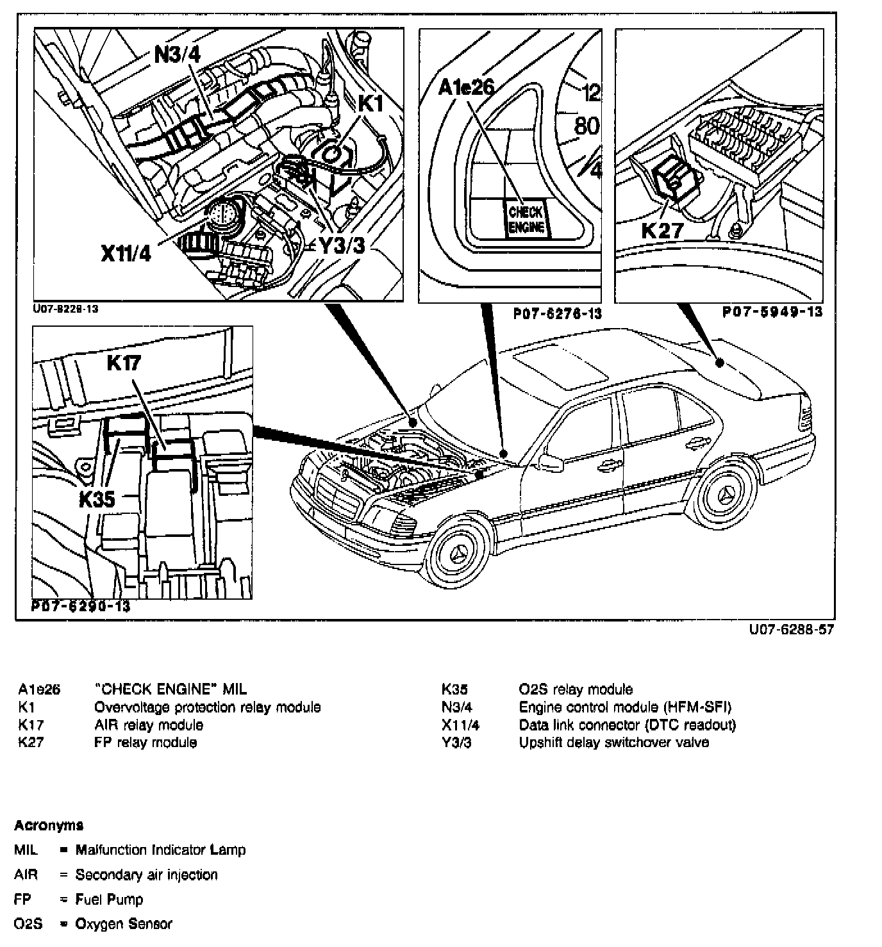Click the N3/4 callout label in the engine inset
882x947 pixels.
pyautogui.click(x=178, y=54)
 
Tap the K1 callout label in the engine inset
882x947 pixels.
pyautogui.click(x=370, y=103)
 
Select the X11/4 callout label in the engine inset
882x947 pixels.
pyautogui.click(x=126, y=254)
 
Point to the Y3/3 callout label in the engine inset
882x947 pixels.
pyautogui.click(x=342, y=245)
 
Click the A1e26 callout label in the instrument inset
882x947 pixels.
pyautogui.click(x=466, y=87)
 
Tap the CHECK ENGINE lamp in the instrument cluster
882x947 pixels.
pyautogui.click(x=526, y=220)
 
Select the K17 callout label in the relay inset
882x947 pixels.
pyautogui.click(x=124, y=363)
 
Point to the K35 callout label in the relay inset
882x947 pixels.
pyautogui.click(x=97, y=499)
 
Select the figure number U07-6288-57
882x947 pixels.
pyautogui.click(x=792, y=630)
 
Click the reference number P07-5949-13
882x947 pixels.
pyautogui.click(x=772, y=313)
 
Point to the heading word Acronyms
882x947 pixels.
pyautogui.click(x=49, y=825)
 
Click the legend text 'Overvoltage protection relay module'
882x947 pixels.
pyautogui.click(x=207, y=707)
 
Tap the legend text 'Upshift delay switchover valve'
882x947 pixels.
pyautogui.click(x=614, y=743)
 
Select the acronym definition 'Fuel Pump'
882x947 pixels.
pyautogui.click(x=109, y=900)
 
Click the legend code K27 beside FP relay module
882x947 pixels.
pyautogui.click(x=31, y=743)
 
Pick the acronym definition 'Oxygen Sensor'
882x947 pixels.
pyautogui.click(x=124, y=924)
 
